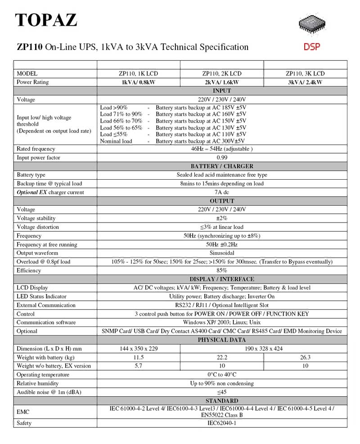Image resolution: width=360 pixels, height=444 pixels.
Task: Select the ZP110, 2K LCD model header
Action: [221, 73]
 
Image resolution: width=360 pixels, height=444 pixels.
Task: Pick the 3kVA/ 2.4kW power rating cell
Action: [305, 82]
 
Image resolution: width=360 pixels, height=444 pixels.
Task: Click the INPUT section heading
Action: [222, 91]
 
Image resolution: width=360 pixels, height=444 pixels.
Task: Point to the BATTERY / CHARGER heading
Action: [222, 166]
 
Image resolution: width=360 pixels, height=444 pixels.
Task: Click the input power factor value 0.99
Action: [222, 158]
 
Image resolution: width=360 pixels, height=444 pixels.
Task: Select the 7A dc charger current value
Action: [222, 192]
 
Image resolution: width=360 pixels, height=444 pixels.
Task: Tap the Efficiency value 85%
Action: [222, 271]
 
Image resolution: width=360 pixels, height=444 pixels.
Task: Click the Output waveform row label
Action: [37, 253]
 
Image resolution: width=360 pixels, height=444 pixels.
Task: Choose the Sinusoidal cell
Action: [222, 253]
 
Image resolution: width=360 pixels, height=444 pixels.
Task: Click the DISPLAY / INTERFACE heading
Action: [222, 279]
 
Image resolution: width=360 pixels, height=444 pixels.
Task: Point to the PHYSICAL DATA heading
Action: [222, 340]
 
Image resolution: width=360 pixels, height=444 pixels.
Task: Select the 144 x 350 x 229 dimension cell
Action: [139, 349]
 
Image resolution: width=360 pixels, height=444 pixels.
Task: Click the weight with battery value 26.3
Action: [305, 357]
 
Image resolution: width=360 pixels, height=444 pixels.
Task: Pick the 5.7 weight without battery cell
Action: [139, 366]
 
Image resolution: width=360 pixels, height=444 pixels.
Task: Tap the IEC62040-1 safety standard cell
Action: [222, 423]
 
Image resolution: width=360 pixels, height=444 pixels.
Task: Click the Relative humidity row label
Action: [37, 383]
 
